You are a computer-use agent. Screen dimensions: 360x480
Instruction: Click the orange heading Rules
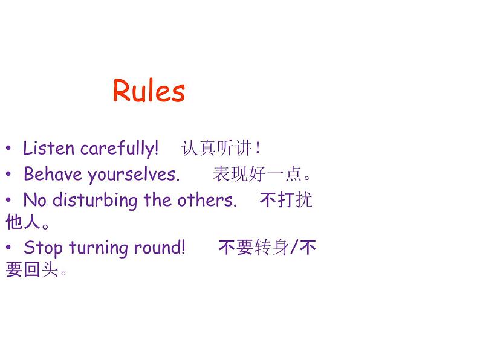(x=149, y=91)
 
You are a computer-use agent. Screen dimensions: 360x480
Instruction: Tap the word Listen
(x=48, y=148)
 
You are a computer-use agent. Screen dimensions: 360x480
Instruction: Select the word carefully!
(x=119, y=149)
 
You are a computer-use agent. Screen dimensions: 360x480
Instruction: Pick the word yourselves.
(x=134, y=175)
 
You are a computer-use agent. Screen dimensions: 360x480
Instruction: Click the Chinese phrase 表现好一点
(x=257, y=175)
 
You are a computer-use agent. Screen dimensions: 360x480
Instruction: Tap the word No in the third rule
(x=34, y=200)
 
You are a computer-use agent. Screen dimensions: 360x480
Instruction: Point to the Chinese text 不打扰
(x=285, y=200)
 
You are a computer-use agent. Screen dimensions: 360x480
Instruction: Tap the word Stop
(x=44, y=248)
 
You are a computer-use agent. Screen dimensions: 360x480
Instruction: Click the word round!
(x=161, y=248)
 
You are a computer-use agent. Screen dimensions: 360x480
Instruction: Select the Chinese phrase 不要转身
(x=253, y=248)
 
